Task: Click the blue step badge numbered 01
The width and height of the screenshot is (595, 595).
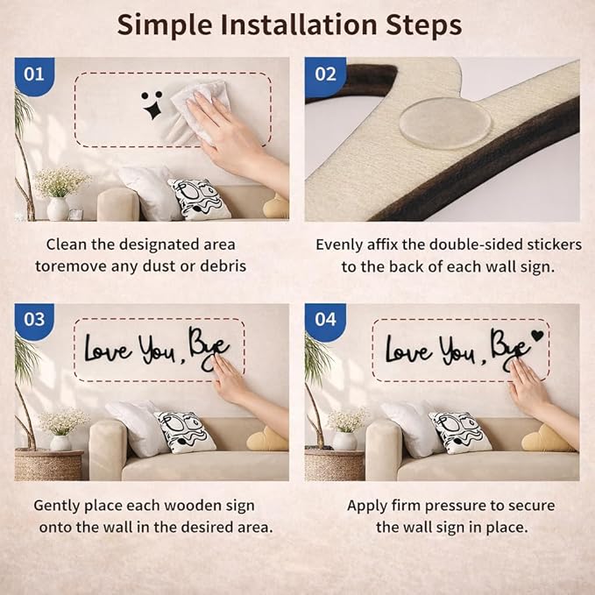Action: click(34, 76)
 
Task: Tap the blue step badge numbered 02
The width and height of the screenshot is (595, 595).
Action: click(325, 76)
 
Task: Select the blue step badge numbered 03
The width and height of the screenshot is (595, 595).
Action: click(34, 321)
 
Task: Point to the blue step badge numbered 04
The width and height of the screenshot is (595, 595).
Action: click(325, 321)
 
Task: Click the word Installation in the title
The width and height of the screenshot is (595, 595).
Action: click(299, 25)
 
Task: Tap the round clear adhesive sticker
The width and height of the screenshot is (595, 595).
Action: click(444, 123)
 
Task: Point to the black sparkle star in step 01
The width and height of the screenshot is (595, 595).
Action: click(152, 110)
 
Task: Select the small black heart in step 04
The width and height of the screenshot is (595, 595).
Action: click(537, 336)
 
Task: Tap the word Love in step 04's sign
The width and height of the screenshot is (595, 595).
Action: click(409, 349)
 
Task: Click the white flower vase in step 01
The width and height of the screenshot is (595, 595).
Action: click(58, 209)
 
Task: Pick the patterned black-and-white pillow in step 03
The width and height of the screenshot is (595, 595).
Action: click(185, 432)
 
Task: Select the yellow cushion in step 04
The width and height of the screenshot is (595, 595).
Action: click(547, 439)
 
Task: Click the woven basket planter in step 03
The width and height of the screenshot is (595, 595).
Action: click(48, 465)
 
